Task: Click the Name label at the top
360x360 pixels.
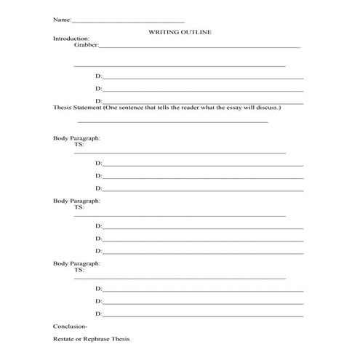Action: click(62, 20)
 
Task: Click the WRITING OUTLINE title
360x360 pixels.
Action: click(180, 32)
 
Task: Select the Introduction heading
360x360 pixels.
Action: click(71, 38)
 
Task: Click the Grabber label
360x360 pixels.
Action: click(86, 44)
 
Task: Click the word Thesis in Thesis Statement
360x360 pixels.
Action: click(63, 107)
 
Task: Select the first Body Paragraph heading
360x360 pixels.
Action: click(76, 138)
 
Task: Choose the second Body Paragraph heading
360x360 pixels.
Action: click(76, 200)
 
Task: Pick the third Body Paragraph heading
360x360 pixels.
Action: click(76, 263)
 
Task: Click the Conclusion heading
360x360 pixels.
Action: click(70, 327)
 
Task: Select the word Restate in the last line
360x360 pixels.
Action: click(63, 340)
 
